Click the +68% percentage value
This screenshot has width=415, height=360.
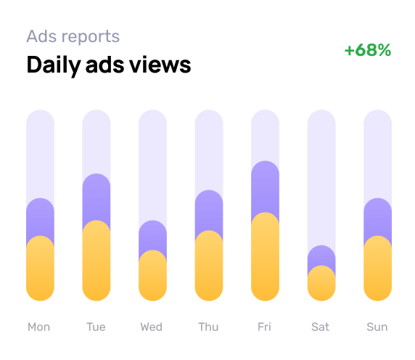(368, 50)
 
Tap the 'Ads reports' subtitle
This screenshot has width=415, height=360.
(73, 36)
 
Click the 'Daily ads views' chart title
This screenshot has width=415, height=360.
(109, 65)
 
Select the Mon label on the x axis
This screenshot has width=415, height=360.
(39, 327)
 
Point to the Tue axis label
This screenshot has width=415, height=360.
(96, 327)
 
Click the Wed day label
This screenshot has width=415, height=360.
(152, 327)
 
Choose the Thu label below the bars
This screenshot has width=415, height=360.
(208, 327)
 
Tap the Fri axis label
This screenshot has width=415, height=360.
(264, 327)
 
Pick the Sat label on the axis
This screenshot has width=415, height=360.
(321, 327)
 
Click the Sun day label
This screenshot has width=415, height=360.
(377, 327)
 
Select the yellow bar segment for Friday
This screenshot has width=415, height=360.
(265, 258)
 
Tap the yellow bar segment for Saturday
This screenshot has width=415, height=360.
(321, 284)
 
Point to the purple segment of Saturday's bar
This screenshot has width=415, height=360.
(321, 256)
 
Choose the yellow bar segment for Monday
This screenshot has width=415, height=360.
(40, 269)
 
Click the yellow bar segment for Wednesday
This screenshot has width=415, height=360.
(152, 276)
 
